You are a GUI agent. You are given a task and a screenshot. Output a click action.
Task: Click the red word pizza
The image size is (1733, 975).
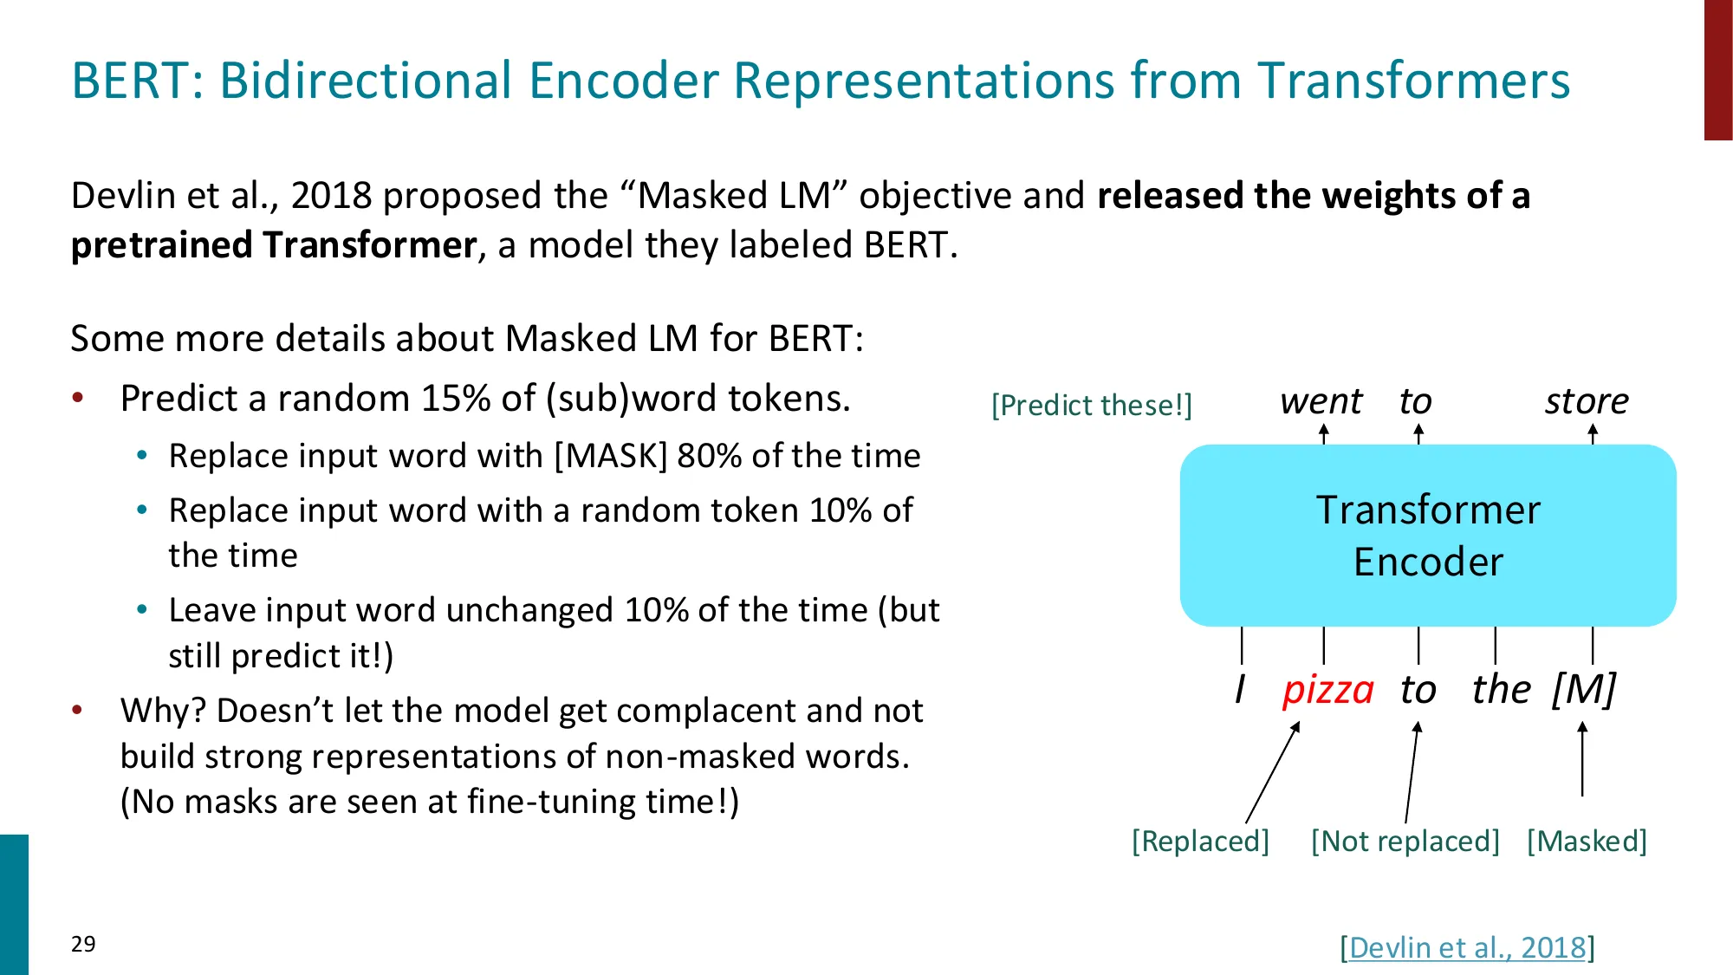[1327, 691]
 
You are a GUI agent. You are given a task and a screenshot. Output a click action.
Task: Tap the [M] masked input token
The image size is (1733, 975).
[1583, 690]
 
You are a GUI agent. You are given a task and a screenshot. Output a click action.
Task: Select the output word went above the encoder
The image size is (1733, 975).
[1321, 401]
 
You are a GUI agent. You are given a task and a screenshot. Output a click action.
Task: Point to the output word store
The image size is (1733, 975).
[1587, 401]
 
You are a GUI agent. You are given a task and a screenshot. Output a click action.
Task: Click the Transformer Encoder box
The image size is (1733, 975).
[1428, 535]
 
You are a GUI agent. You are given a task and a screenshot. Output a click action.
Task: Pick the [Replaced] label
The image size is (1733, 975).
[1200, 841]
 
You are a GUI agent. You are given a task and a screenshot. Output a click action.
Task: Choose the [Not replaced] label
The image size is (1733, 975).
[1405, 841]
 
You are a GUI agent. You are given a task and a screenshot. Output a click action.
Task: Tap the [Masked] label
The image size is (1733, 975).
[1587, 841]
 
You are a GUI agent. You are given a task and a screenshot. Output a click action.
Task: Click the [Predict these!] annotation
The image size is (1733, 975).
[1092, 405]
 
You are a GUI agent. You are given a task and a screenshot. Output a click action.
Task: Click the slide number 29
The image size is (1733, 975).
[83, 944]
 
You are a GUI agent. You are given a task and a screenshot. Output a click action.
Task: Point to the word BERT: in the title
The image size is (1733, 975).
[137, 81]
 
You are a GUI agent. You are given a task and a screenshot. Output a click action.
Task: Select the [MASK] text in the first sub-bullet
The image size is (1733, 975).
[611, 456]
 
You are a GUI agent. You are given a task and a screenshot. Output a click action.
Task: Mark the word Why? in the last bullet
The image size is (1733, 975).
[162, 711]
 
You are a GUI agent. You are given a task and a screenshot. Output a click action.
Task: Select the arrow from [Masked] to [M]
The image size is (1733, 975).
[1582, 760]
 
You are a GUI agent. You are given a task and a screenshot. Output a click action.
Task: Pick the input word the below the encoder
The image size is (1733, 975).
[1501, 690]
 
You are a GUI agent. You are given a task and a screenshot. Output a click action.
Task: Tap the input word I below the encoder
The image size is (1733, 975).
[1240, 690]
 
